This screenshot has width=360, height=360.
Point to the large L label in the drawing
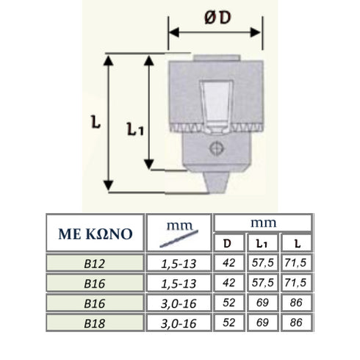[x=96, y=125]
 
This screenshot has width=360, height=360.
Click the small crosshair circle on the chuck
[x=215, y=149]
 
